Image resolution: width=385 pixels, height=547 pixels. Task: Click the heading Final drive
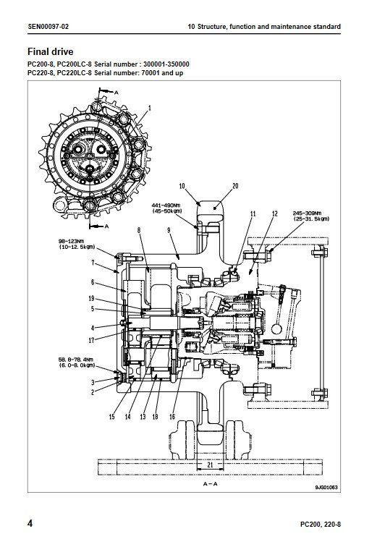[x=50, y=52]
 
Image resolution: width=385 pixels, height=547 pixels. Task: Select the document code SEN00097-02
[x=48, y=27]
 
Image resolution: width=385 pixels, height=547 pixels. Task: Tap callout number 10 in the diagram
[x=182, y=186]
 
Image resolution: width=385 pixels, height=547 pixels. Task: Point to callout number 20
[x=235, y=186]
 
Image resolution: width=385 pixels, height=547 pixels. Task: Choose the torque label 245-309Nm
[x=308, y=213]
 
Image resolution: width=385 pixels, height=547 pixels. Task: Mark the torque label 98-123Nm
[x=71, y=241]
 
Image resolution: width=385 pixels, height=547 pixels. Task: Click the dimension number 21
[x=210, y=465]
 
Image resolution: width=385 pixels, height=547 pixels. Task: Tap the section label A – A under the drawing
[x=210, y=484]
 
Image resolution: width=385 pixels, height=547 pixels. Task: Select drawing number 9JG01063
[x=326, y=488]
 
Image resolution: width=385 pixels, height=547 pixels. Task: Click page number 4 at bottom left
[x=30, y=524]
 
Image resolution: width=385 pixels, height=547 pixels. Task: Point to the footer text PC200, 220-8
[x=321, y=525]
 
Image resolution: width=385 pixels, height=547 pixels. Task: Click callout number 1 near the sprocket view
[x=150, y=108]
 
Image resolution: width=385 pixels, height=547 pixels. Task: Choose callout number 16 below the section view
[x=172, y=417]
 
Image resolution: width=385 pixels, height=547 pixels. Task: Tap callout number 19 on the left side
[x=91, y=298]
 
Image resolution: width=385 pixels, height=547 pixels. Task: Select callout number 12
[x=275, y=213]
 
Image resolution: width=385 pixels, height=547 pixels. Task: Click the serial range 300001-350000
[x=166, y=64]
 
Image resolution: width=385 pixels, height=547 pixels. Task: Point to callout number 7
[x=93, y=263]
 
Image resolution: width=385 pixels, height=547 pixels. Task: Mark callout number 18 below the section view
[x=156, y=417]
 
